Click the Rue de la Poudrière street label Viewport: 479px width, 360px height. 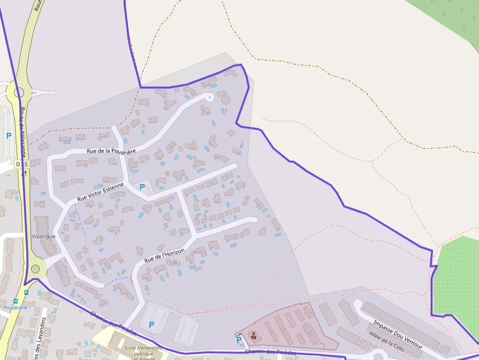(x=111, y=151)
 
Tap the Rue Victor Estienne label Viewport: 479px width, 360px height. (x=101, y=192)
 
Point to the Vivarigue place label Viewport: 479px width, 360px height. (x=43, y=236)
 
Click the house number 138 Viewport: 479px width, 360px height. (x=173, y=263)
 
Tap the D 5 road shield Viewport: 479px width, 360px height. (x=22, y=164)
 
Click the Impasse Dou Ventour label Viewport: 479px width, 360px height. (x=397, y=334)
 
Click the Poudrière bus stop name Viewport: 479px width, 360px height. (x=16, y=308)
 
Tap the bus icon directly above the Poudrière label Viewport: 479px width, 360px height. (x=16, y=301)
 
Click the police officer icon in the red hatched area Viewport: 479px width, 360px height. (x=254, y=335)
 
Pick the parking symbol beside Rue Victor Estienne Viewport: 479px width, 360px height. (x=142, y=187)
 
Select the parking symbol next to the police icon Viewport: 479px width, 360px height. (x=239, y=339)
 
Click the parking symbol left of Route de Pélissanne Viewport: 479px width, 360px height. (x=8, y=135)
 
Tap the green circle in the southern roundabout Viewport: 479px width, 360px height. (x=35, y=269)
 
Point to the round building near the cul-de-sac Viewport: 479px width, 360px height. (x=225, y=100)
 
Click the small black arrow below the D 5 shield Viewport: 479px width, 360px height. (x=25, y=173)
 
